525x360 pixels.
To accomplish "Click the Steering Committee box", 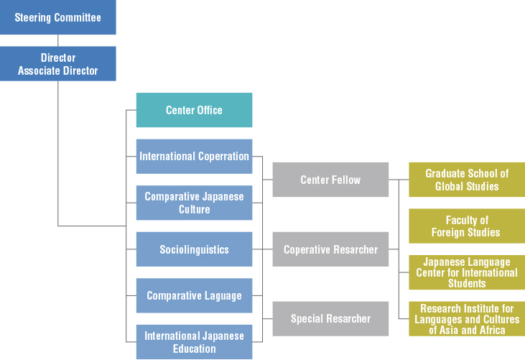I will point(57,17).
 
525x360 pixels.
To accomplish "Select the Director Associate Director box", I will point(57,64).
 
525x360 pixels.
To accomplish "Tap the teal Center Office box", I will point(194,110).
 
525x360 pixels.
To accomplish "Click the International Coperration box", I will point(194,156).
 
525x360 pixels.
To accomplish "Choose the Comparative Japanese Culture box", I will point(194,203).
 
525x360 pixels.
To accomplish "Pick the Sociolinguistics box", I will point(194,249).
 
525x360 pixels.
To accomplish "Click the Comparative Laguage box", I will point(194,295).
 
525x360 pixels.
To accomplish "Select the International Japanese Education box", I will point(194,342).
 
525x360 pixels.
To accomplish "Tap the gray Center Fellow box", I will point(330,180).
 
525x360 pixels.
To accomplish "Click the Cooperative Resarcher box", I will point(330,249).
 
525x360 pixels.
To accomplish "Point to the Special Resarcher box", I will point(330,318).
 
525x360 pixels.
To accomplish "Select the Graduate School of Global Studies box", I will point(467,180).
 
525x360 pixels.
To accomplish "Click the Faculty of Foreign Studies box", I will point(467,226).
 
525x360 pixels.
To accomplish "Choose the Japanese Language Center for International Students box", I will point(467,272).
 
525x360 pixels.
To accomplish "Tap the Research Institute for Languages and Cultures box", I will point(467,319).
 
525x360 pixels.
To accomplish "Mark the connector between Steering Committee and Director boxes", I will point(57,40).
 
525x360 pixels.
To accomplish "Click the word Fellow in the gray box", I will point(346,180).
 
